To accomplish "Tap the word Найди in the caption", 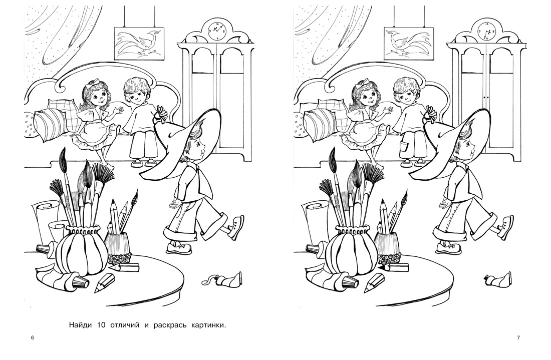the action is (81, 325).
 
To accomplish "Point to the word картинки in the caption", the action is (207, 325).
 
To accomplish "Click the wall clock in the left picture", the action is (218, 30).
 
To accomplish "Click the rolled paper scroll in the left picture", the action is (45, 218).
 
